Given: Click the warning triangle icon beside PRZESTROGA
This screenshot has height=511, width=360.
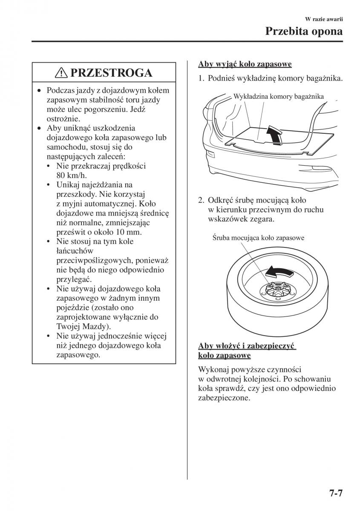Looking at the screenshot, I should tap(62, 73).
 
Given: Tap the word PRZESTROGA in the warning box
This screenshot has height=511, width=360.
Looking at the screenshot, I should tap(111, 73).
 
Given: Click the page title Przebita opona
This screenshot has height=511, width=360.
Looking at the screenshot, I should tap(304, 31).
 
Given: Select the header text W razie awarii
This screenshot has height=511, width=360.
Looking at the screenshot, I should tap(324, 19).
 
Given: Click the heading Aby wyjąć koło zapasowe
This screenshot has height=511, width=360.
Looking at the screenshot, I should tap(245, 64).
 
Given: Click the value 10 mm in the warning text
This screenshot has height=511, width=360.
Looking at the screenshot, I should tap(141, 233).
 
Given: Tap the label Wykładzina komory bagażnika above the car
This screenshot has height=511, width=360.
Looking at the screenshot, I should tap(279, 97).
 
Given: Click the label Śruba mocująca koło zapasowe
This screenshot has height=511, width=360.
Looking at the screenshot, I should tap(258, 238).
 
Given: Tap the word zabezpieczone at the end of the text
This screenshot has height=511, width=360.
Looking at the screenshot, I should tap(224, 398).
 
